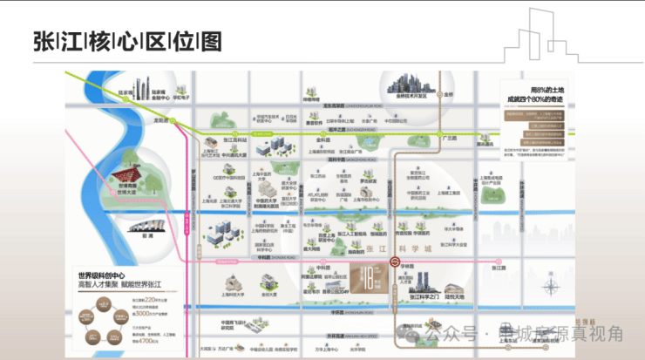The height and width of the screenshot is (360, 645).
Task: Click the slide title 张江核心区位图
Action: (x=127, y=41)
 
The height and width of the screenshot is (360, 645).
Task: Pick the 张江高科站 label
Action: (x=236, y=139)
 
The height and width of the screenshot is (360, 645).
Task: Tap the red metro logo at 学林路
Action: (x=395, y=260)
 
